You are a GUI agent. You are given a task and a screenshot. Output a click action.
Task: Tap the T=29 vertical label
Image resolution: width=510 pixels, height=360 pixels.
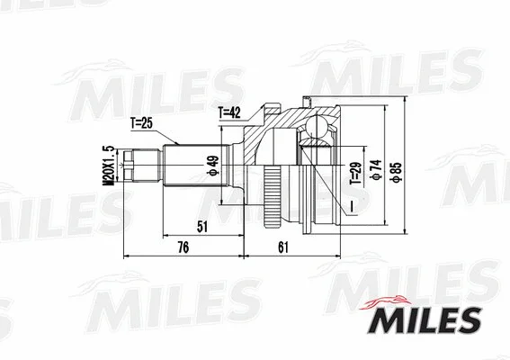tap(354, 168)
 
